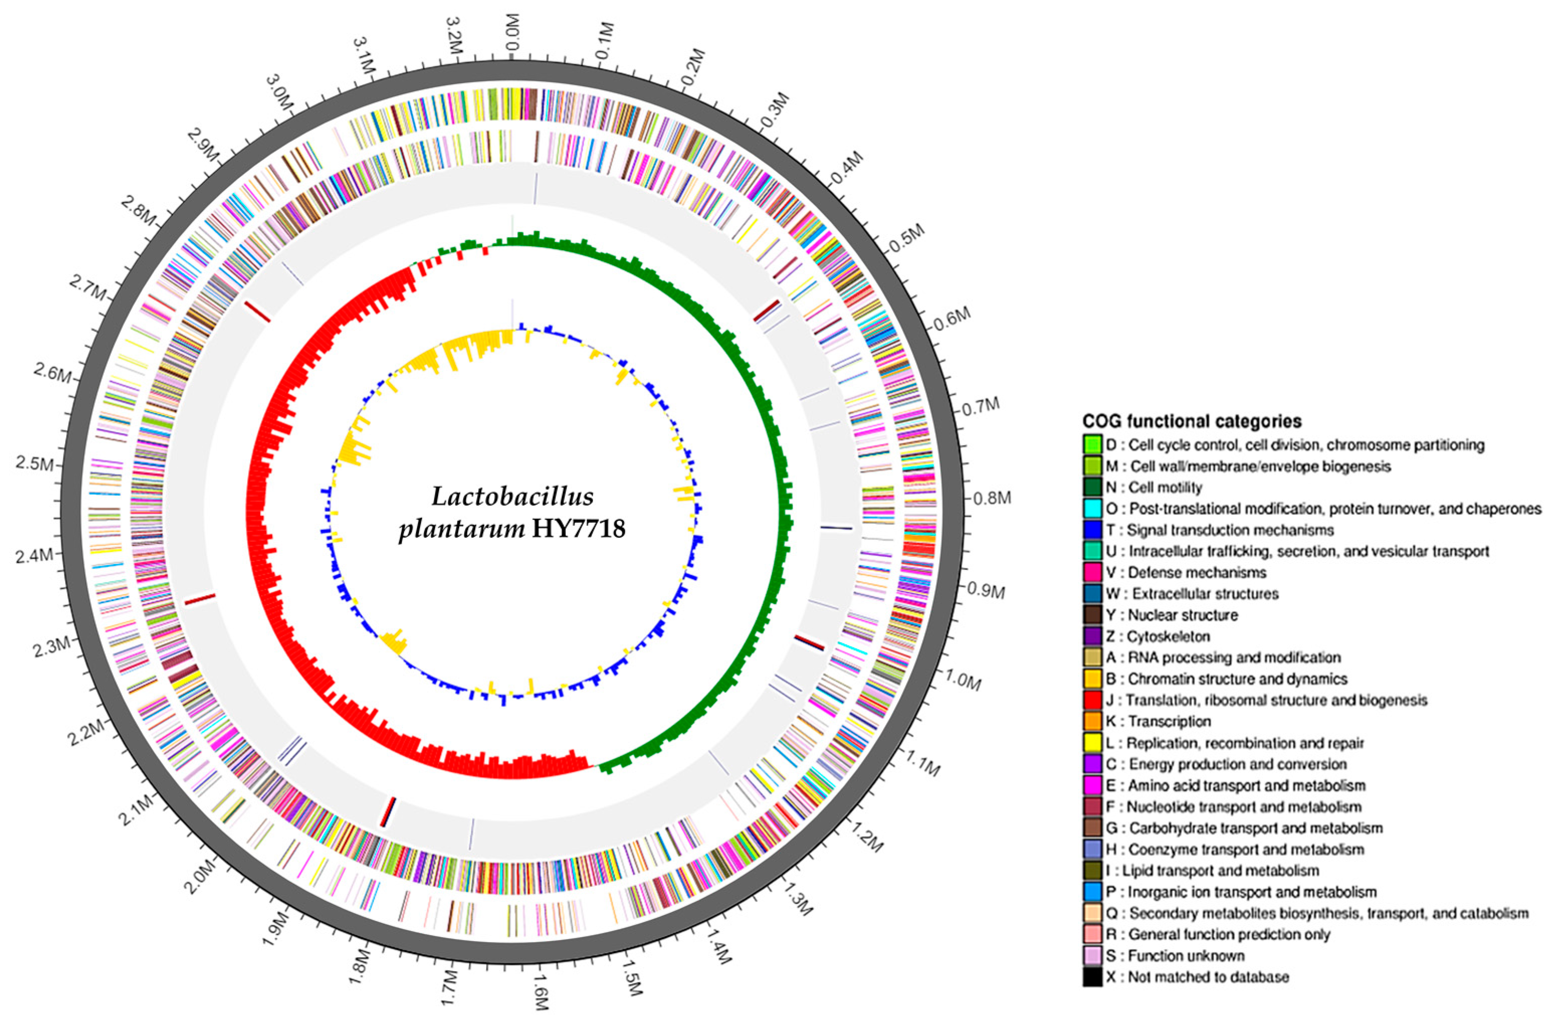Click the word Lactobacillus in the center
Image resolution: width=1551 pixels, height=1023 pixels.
pyautogui.click(x=512, y=497)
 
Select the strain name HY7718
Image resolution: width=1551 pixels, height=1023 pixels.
pyautogui.click(x=578, y=528)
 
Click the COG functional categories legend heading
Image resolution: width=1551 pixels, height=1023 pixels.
pyautogui.click(x=1192, y=421)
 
